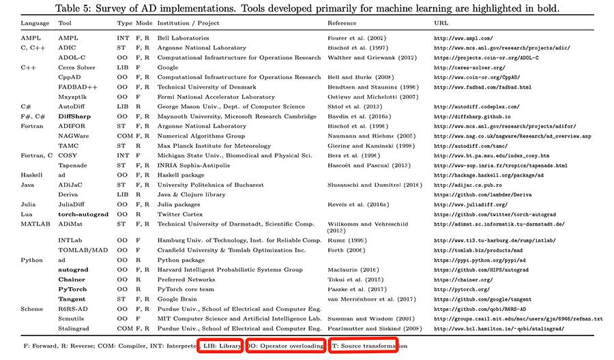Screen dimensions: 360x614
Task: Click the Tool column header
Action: pyautogui.click(x=65, y=22)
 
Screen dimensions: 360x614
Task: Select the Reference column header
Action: pyautogui.click(x=342, y=22)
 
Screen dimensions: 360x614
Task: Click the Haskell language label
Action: pyautogui.click(x=31, y=175)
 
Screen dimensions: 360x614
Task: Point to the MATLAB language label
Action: pyautogui.click(x=35, y=224)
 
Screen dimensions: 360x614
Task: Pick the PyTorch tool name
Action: pyautogui.click(x=72, y=289)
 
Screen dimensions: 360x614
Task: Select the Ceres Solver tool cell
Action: pyautogui.click(x=76, y=67)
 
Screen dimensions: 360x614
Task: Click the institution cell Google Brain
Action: pyautogui.click(x=178, y=299)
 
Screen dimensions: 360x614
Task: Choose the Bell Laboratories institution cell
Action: pyautogui.click(x=184, y=38)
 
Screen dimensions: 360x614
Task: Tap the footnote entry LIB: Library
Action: pyautogui.click(x=220, y=346)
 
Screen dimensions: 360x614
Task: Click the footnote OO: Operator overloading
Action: pyautogui.click(x=286, y=346)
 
